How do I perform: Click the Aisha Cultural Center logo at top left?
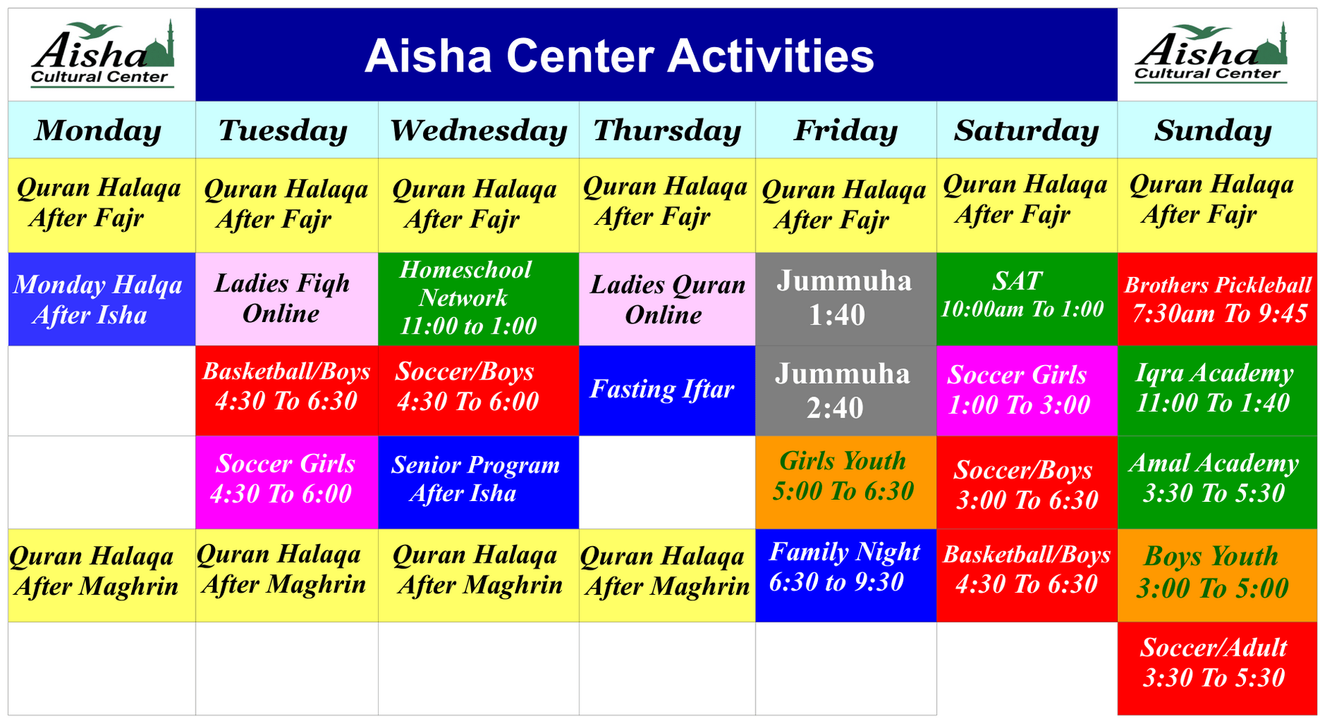point(102,55)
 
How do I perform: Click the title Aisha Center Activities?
point(619,56)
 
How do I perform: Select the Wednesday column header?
point(478,130)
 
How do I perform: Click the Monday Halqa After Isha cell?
point(101,299)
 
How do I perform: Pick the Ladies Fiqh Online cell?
point(286,299)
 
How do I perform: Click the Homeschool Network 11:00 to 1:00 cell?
point(478,299)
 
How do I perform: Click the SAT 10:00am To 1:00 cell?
point(1026,299)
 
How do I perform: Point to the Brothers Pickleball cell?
point(1217,299)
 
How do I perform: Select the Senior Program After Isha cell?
point(478,482)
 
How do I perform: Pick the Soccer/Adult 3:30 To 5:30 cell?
point(1217,668)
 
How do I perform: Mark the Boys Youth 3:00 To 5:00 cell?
point(1217,575)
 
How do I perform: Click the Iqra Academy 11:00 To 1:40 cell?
point(1217,391)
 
